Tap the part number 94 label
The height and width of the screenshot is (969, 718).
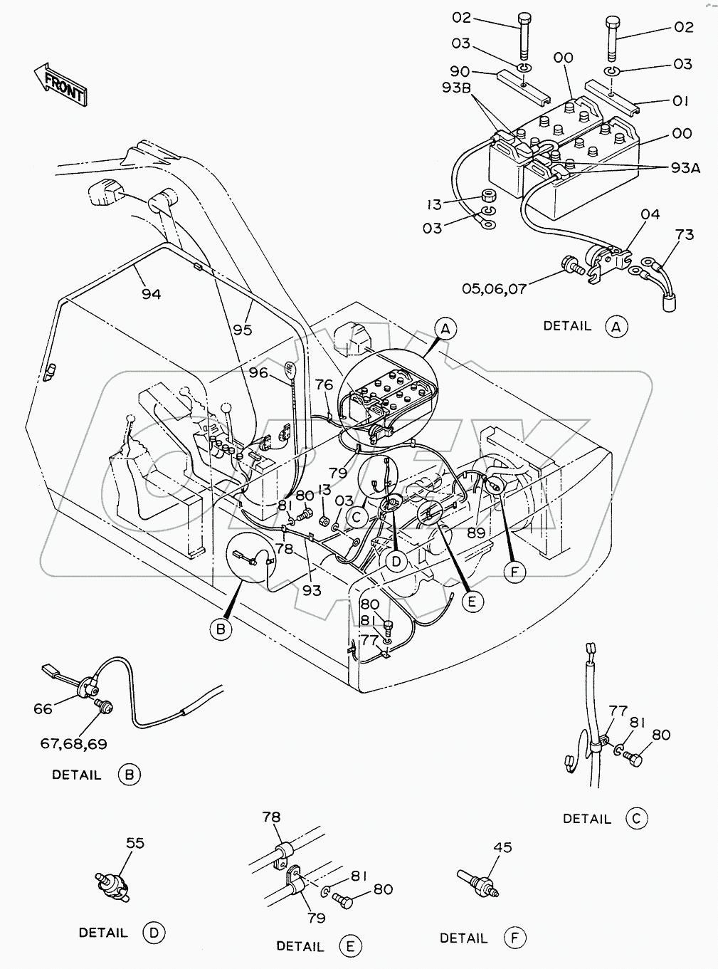(x=151, y=294)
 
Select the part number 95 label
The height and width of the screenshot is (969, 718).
(x=243, y=330)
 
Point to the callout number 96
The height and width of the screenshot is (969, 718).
(x=258, y=372)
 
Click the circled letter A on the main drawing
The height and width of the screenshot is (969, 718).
(x=445, y=329)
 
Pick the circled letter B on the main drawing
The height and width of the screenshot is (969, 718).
(x=221, y=629)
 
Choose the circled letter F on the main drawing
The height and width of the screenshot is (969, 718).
(x=514, y=572)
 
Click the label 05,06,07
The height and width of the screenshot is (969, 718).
(x=494, y=289)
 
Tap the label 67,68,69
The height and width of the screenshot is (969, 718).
(x=73, y=744)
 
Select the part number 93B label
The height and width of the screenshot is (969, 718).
(x=456, y=88)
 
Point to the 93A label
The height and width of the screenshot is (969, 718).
(x=686, y=168)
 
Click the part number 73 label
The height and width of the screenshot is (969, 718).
(x=685, y=235)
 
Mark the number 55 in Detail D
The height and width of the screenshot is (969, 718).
(x=135, y=843)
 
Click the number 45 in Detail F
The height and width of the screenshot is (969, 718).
(x=502, y=848)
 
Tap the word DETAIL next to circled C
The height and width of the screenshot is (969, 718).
(x=586, y=819)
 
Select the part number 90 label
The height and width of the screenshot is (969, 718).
(x=460, y=71)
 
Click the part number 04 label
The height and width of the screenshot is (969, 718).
(x=650, y=214)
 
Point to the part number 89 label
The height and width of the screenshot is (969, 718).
(x=476, y=533)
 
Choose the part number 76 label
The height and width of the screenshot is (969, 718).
(x=324, y=385)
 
